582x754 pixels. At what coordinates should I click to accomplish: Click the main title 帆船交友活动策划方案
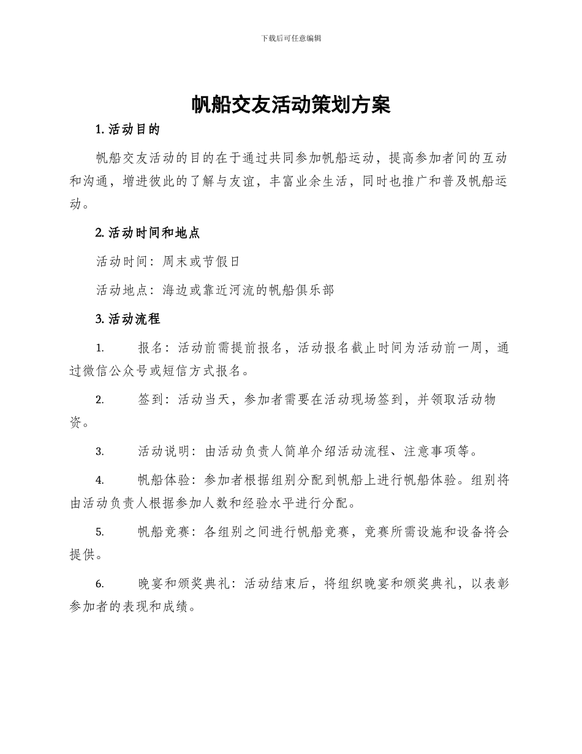pos(290,105)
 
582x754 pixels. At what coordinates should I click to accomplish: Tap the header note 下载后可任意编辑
pos(290,38)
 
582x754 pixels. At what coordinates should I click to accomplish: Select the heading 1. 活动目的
pos(128,129)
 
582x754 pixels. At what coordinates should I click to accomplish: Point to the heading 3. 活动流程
pos(128,319)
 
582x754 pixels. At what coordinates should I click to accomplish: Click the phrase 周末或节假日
pos(201,262)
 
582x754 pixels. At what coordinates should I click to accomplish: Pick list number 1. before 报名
pos(100,348)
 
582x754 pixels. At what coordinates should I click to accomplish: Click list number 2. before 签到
pos(100,400)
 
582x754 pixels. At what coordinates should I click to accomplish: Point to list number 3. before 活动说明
pos(100,452)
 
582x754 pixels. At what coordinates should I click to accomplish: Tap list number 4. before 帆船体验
pos(100,481)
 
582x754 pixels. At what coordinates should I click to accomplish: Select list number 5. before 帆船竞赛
pos(100,532)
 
